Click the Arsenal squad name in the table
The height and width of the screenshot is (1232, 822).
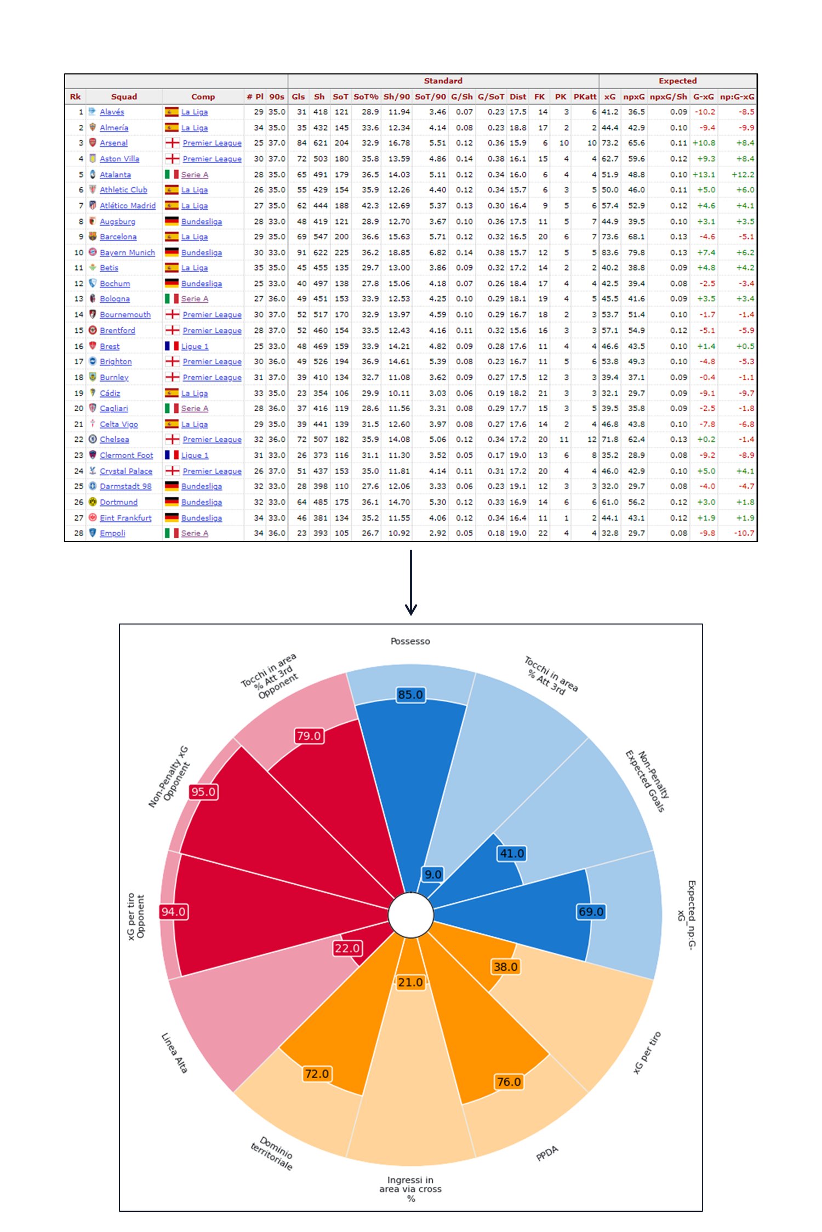pos(113,143)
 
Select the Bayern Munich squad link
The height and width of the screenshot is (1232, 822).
pos(127,252)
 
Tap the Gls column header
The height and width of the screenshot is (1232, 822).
pos(298,96)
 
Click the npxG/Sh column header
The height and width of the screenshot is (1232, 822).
pos(668,96)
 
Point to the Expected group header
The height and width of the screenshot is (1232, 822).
pos(677,80)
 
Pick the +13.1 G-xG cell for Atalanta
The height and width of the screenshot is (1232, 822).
pos(704,174)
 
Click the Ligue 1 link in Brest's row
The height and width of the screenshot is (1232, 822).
pos(195,346)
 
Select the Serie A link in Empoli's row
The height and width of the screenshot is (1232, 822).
pos(195,533)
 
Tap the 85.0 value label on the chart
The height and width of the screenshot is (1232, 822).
pos(410,694)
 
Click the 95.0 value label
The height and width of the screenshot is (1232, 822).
pos(203,792)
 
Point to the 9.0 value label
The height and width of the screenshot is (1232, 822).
pos(433,874)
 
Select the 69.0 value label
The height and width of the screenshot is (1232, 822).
pos(591,912)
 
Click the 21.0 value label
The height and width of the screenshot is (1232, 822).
pos(410,982)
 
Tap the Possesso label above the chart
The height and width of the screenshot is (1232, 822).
pos(410,641)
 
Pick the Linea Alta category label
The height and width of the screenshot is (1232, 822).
pos(174,1052)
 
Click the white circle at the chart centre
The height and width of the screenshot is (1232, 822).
pos(410,914)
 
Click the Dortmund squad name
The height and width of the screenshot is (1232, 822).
pos(118,502)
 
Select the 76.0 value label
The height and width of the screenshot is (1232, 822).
pos(509,1082)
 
